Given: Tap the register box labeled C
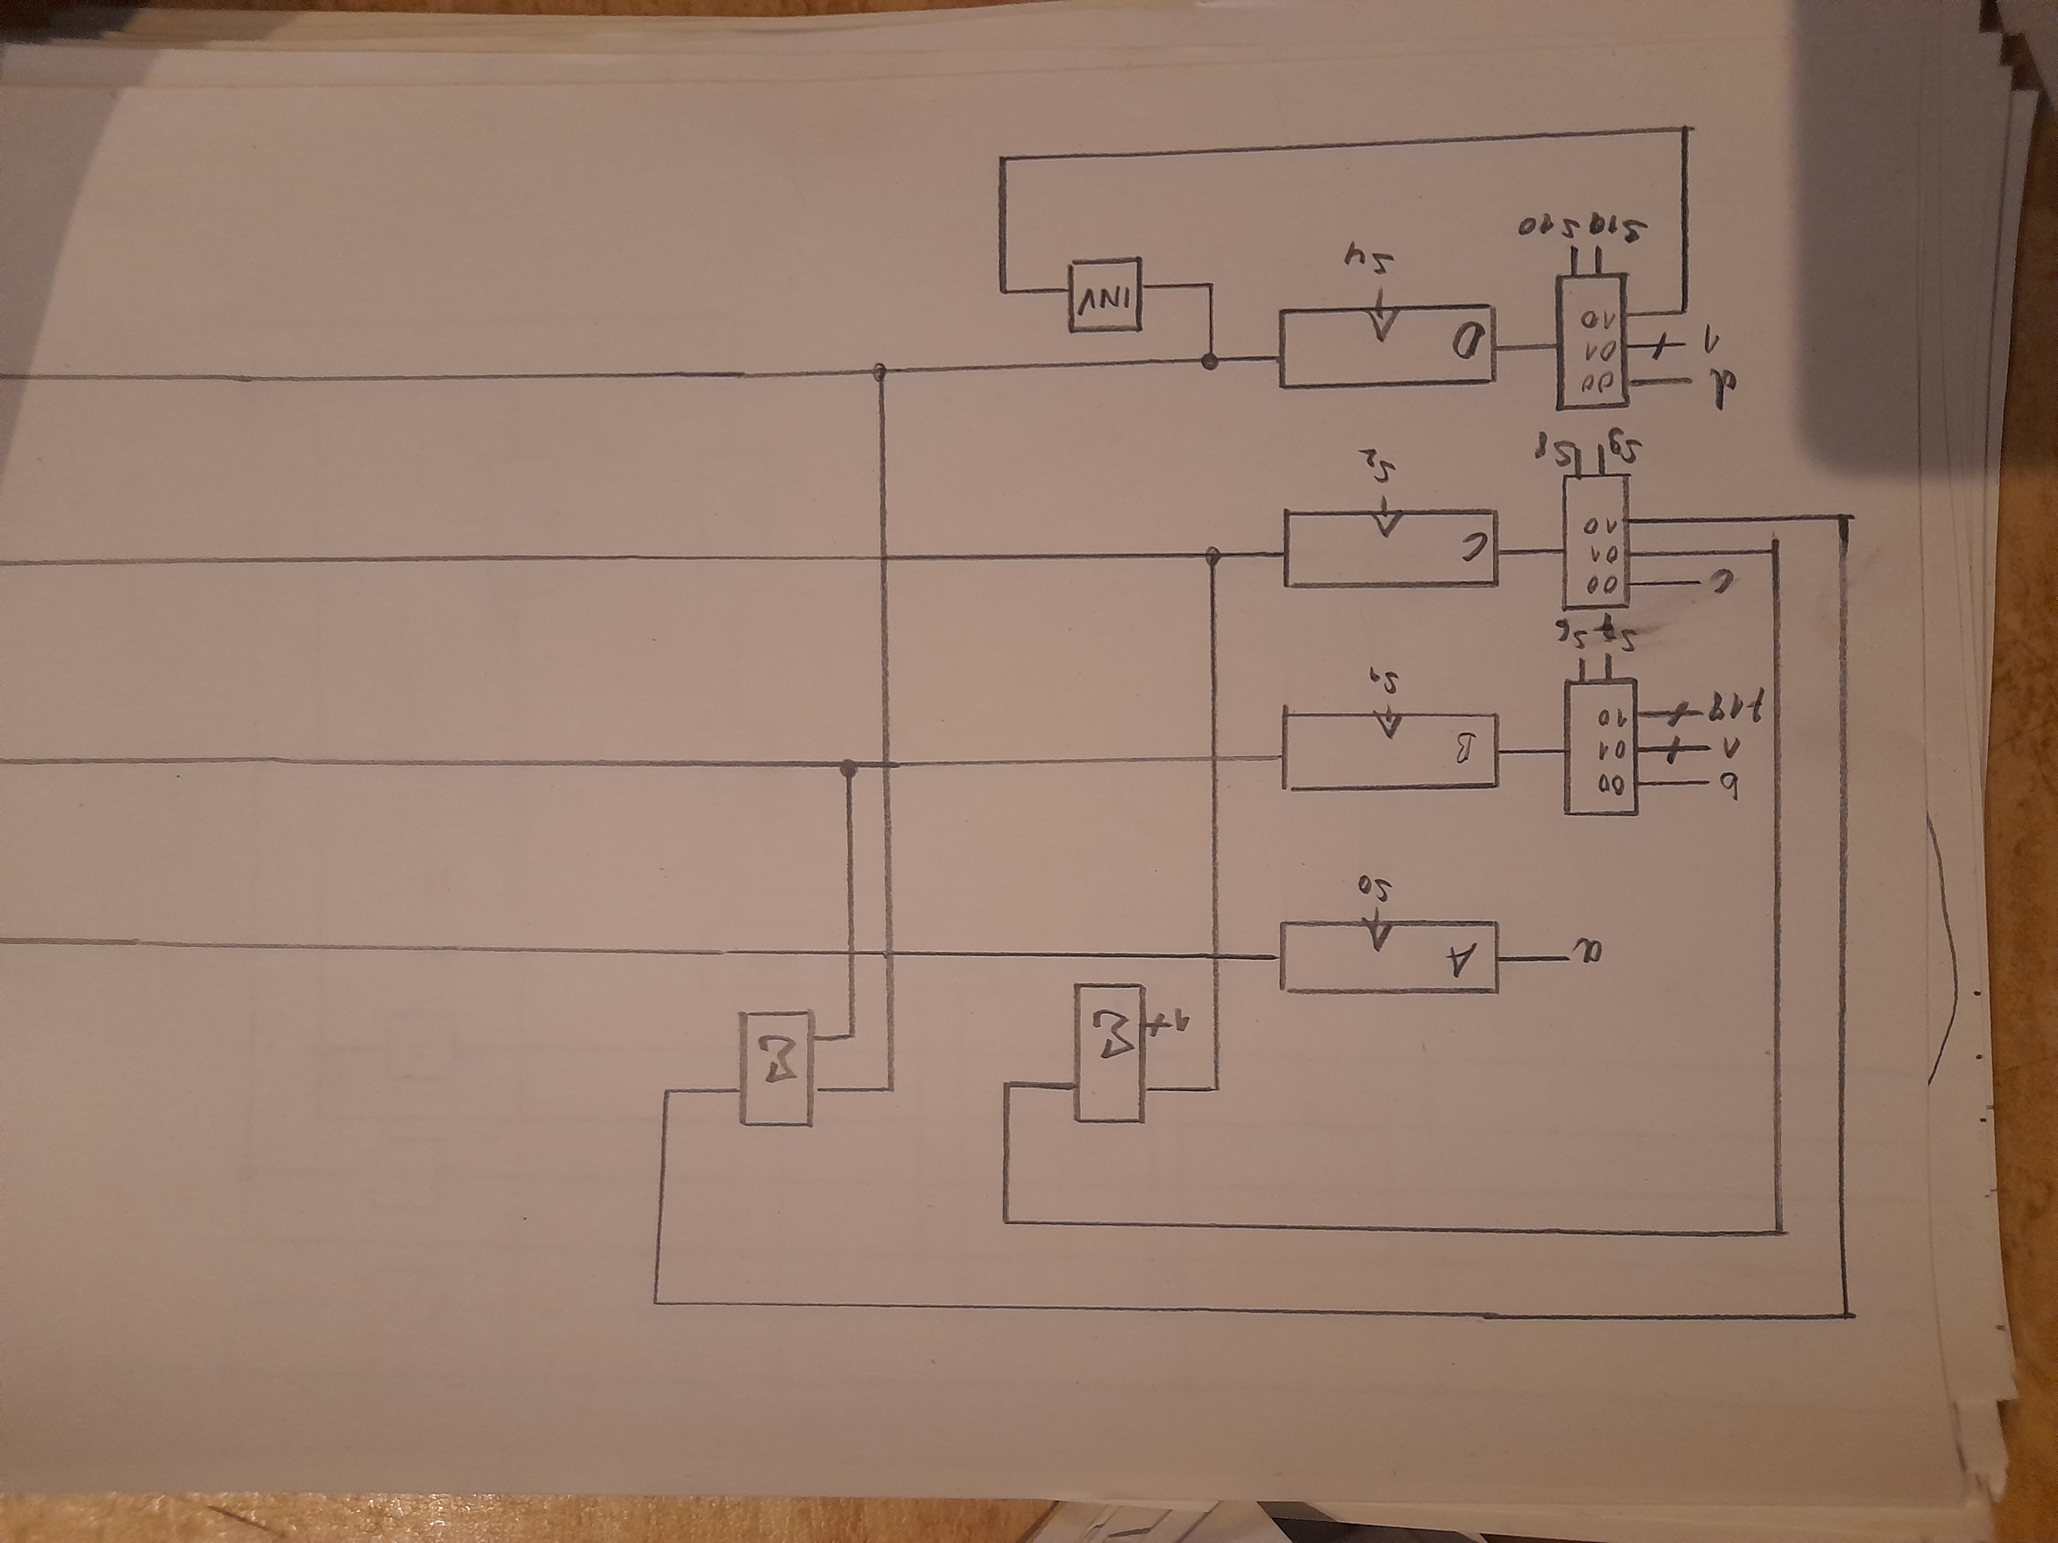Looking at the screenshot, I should [x=1390, y=549].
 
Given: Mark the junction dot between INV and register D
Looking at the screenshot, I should [x=1210, y=362].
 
